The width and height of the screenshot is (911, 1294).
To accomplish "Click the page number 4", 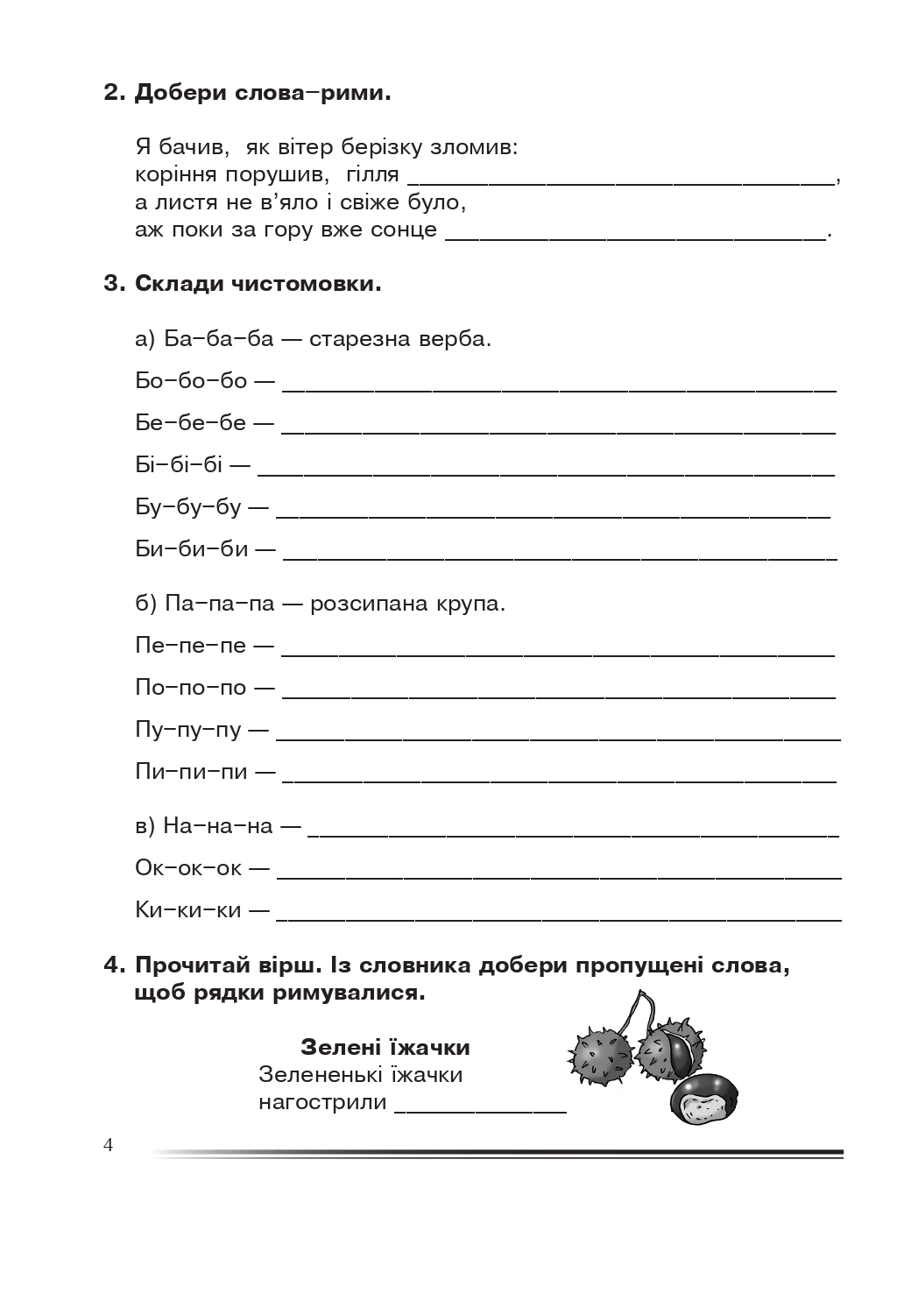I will [x=109, y=1145].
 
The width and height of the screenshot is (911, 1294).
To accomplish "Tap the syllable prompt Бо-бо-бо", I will [x=191, y=380].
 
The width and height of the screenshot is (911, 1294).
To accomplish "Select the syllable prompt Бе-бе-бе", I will [x=191, y=422].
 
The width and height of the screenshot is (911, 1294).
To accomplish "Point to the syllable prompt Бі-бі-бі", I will [x=180, y=464].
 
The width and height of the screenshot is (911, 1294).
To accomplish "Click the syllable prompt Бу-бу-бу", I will [x=188, y=506].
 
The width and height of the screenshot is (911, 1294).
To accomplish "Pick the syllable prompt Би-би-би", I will [x=192, y=549].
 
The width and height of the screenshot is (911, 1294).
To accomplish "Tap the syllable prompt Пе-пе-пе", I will [x=191, y=646].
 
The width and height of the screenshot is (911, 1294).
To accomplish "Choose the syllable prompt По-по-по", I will [x=191, y=688].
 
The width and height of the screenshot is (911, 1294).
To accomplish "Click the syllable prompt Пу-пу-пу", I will [x=188, y=730].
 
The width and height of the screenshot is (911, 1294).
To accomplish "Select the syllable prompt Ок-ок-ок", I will [x=188, y=867].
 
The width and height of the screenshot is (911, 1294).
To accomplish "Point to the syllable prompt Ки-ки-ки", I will [x=188, y=909].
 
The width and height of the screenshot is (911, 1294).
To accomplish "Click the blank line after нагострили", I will [x=480, y=1107].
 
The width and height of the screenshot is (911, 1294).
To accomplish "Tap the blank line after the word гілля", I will [x=621, y=181].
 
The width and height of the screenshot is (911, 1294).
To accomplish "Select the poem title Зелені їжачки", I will [x=385, y=1047].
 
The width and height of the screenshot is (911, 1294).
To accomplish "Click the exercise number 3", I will [x=110, y=284].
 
